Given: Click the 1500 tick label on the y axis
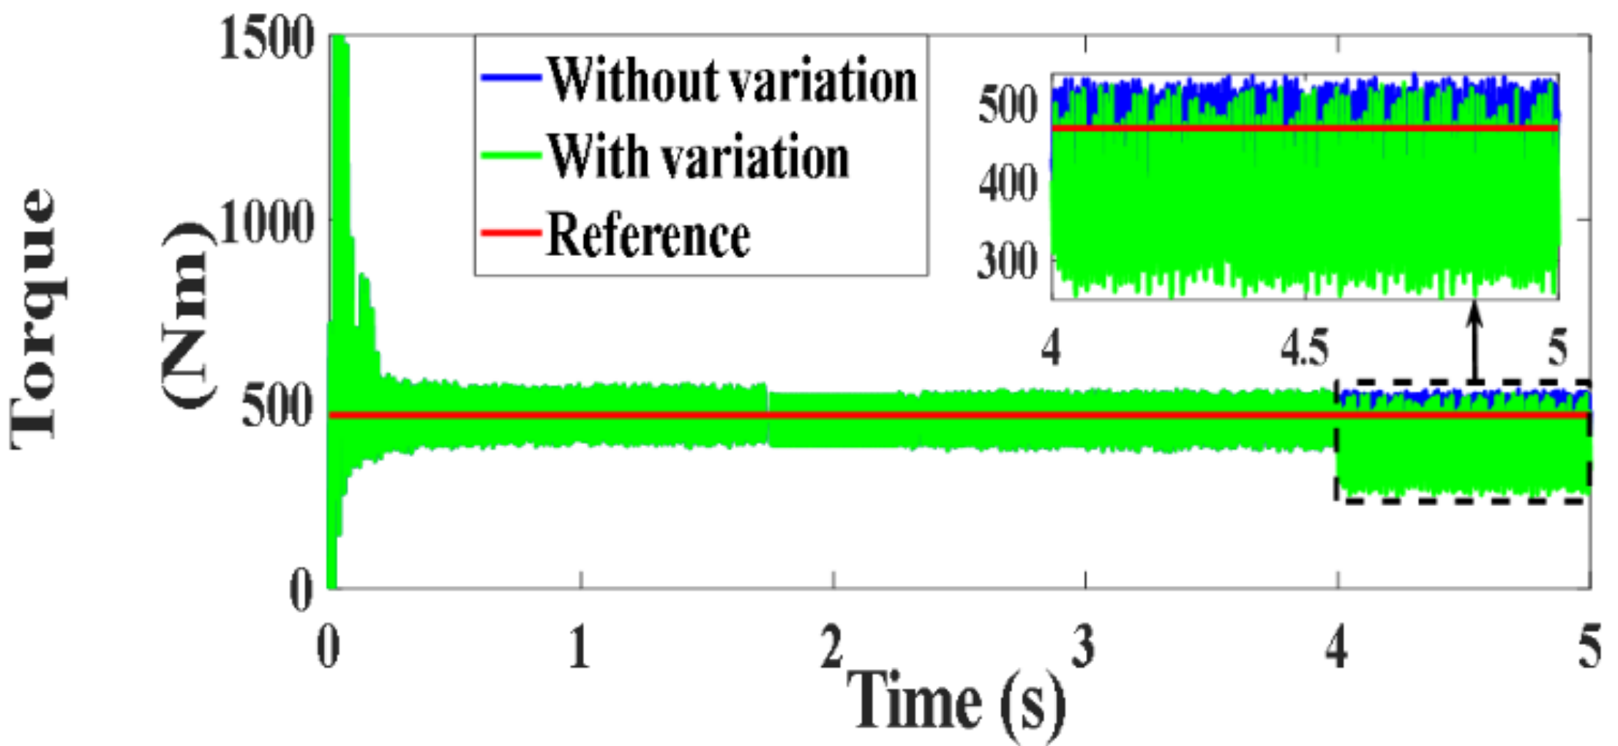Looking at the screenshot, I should point(267,38).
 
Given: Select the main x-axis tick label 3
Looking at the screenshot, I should point(1084,648).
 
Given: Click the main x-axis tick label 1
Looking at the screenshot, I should point(580,648).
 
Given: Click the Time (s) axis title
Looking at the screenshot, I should point(955,702).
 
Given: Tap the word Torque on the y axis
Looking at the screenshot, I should point(33,318).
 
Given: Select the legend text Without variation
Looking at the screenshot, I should point(732,80).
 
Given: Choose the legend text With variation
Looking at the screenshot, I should point(699,157).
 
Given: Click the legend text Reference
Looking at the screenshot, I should point(648,236).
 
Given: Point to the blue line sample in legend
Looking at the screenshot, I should point(510,78).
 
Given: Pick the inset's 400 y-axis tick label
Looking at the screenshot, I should point(1007,183).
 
